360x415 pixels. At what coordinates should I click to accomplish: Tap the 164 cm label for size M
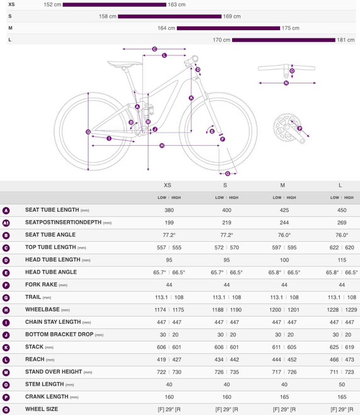(166, 28)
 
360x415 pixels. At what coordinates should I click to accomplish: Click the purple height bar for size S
(169, 16)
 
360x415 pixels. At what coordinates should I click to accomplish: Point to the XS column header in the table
(167, 185)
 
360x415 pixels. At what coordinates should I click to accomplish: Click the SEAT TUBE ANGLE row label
(51, 235)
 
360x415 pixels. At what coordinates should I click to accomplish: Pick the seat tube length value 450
(340, 211)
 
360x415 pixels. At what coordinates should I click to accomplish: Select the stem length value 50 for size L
(340, 384)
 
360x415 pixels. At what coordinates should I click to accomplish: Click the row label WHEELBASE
(43, 309)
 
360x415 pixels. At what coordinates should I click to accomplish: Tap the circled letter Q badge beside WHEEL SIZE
(6, 409)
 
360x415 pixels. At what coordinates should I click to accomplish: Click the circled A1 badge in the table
(6, 223)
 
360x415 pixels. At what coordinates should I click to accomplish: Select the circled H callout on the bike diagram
(162, 145)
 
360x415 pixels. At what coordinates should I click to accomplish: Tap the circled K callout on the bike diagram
(191, 97)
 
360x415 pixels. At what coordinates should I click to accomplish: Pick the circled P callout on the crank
(300, 128)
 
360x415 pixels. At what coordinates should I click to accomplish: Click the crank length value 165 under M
(283, 396)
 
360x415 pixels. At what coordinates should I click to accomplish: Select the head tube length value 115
(340, 260)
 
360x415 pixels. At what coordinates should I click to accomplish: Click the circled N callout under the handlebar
(286, 82)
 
